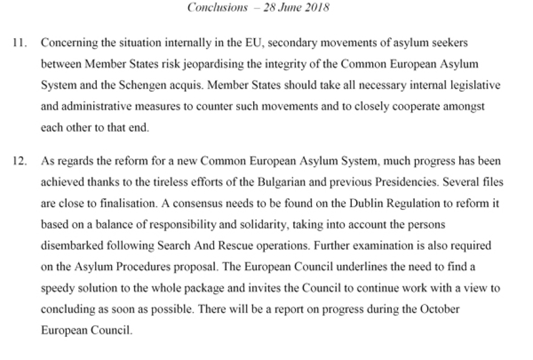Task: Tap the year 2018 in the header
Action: (x=317, y=8)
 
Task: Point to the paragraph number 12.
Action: (x=23, y=162)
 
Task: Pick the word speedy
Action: (x=57, y=288)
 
